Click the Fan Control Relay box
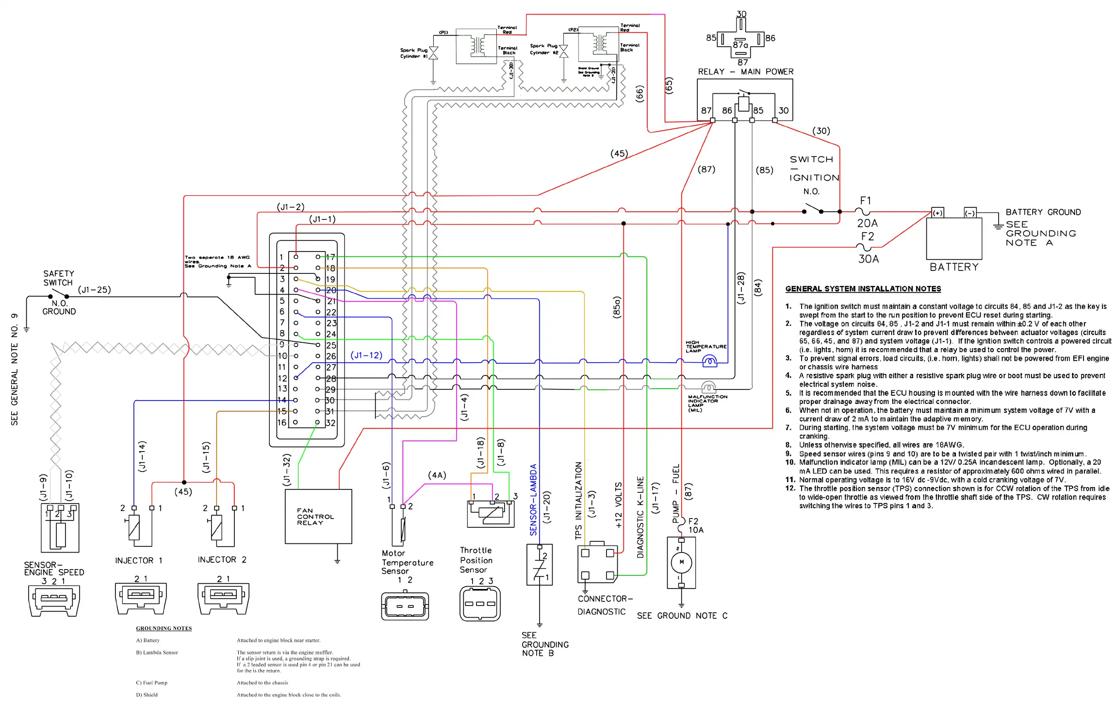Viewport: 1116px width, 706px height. [318, 516]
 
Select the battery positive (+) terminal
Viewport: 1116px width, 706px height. [937, 213]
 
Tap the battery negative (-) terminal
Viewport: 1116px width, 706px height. [969, 213]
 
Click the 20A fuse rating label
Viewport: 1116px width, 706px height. [867, 223]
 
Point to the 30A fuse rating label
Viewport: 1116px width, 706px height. [868, 259]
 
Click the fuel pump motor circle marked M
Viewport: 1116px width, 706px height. [681, 562]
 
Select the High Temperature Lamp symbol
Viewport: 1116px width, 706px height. [709, 361]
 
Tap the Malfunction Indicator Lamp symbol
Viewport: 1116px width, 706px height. [708, 387]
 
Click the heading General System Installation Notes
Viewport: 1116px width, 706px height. [863, 289]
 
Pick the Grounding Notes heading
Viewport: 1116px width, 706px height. [164, 628]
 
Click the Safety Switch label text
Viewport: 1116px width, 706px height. [58, 278]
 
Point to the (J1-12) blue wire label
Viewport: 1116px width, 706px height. [366, 355]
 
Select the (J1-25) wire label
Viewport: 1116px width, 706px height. [95, 290]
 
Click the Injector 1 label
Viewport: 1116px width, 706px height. [138, 560]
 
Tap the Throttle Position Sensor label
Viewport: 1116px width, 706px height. [476, 560]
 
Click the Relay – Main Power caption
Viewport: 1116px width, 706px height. [745, 72]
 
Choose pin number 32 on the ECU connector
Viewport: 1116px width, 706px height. [330, 423]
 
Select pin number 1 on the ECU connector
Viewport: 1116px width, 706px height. [281, 257]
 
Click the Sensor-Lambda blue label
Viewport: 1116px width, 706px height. [533, 500]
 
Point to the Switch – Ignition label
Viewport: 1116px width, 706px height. [814, 168]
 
